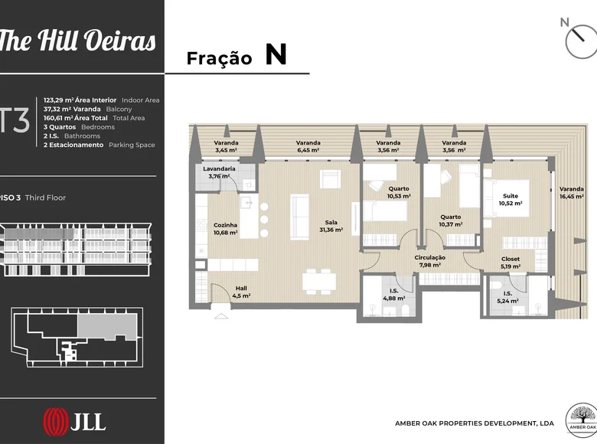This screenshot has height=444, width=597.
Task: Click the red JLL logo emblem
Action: (x=56, y=422)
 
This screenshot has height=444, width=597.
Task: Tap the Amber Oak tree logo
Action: (x=582, y=420)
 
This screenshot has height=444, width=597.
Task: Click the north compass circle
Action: (x=582, y=42)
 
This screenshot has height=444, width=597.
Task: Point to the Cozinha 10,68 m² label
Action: (x=225, y=229)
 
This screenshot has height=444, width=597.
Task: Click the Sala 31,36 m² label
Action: (x=331, y=226)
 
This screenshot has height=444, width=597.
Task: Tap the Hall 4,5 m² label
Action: (x=241, y=292)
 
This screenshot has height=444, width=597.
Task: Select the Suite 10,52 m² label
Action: (x=511, y=200)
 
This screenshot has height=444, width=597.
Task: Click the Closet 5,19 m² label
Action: (x=511, y=263)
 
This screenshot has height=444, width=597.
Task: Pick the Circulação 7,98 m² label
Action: (x=430, y=261)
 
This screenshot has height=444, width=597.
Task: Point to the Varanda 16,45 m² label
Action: (x=572, y=193)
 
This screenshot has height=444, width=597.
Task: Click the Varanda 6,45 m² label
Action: (x=308, y=147)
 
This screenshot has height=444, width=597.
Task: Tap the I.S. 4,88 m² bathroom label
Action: (x=393, y=295)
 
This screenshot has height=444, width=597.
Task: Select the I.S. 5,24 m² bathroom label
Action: (x=507, y=297)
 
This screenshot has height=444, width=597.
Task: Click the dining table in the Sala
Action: (x=319, y=282)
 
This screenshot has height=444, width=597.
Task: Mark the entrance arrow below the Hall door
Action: (x=221, y=315)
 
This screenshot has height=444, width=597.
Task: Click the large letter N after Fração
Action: (x=276, y=54)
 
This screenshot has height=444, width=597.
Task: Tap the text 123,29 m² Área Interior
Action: (x=80, y=100)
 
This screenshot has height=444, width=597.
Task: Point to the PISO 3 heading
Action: (x=10, y=198)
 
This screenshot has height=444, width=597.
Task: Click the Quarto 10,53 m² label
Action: (x=399, y=192)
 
